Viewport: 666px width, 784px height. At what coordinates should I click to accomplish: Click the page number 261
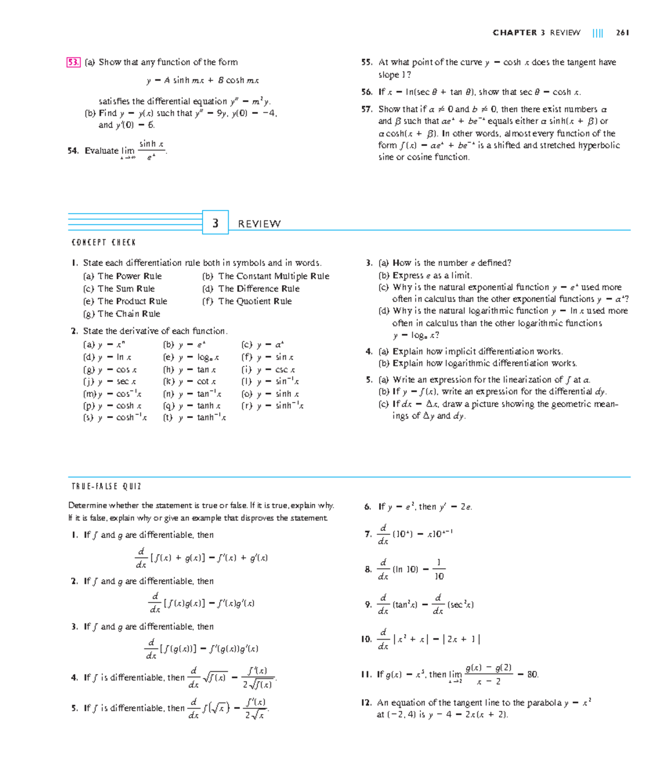coord(622,33)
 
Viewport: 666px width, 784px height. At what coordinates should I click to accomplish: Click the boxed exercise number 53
coord(73,62)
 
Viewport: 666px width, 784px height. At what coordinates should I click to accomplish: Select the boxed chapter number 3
coord(215,223)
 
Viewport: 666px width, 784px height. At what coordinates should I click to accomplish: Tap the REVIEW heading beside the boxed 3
coord(259,224)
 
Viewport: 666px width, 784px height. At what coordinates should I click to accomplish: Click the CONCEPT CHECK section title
coord(104,243)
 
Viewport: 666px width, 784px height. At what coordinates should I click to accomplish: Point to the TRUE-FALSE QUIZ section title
coord(107,486)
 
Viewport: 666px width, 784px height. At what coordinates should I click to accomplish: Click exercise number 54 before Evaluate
coord(73,150)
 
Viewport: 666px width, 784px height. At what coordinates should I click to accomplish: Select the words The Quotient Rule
coord(255,301)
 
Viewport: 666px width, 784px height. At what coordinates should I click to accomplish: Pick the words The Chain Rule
coord(129,314)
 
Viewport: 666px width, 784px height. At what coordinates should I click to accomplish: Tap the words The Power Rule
coord(130,276)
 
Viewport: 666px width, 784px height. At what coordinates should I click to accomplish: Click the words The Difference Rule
coord(259,289)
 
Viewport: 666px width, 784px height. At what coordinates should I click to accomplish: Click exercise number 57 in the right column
coord(366,109)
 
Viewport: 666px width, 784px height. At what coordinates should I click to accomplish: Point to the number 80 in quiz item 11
coord(532,675)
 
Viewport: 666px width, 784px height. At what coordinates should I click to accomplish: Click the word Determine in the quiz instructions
coord(87,505)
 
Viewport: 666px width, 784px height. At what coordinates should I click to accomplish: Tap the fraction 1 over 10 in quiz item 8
coord(438,569)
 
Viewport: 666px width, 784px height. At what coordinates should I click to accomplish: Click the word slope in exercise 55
coord(389,75)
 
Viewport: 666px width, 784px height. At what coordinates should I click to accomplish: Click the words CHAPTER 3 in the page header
coord(518,33)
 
